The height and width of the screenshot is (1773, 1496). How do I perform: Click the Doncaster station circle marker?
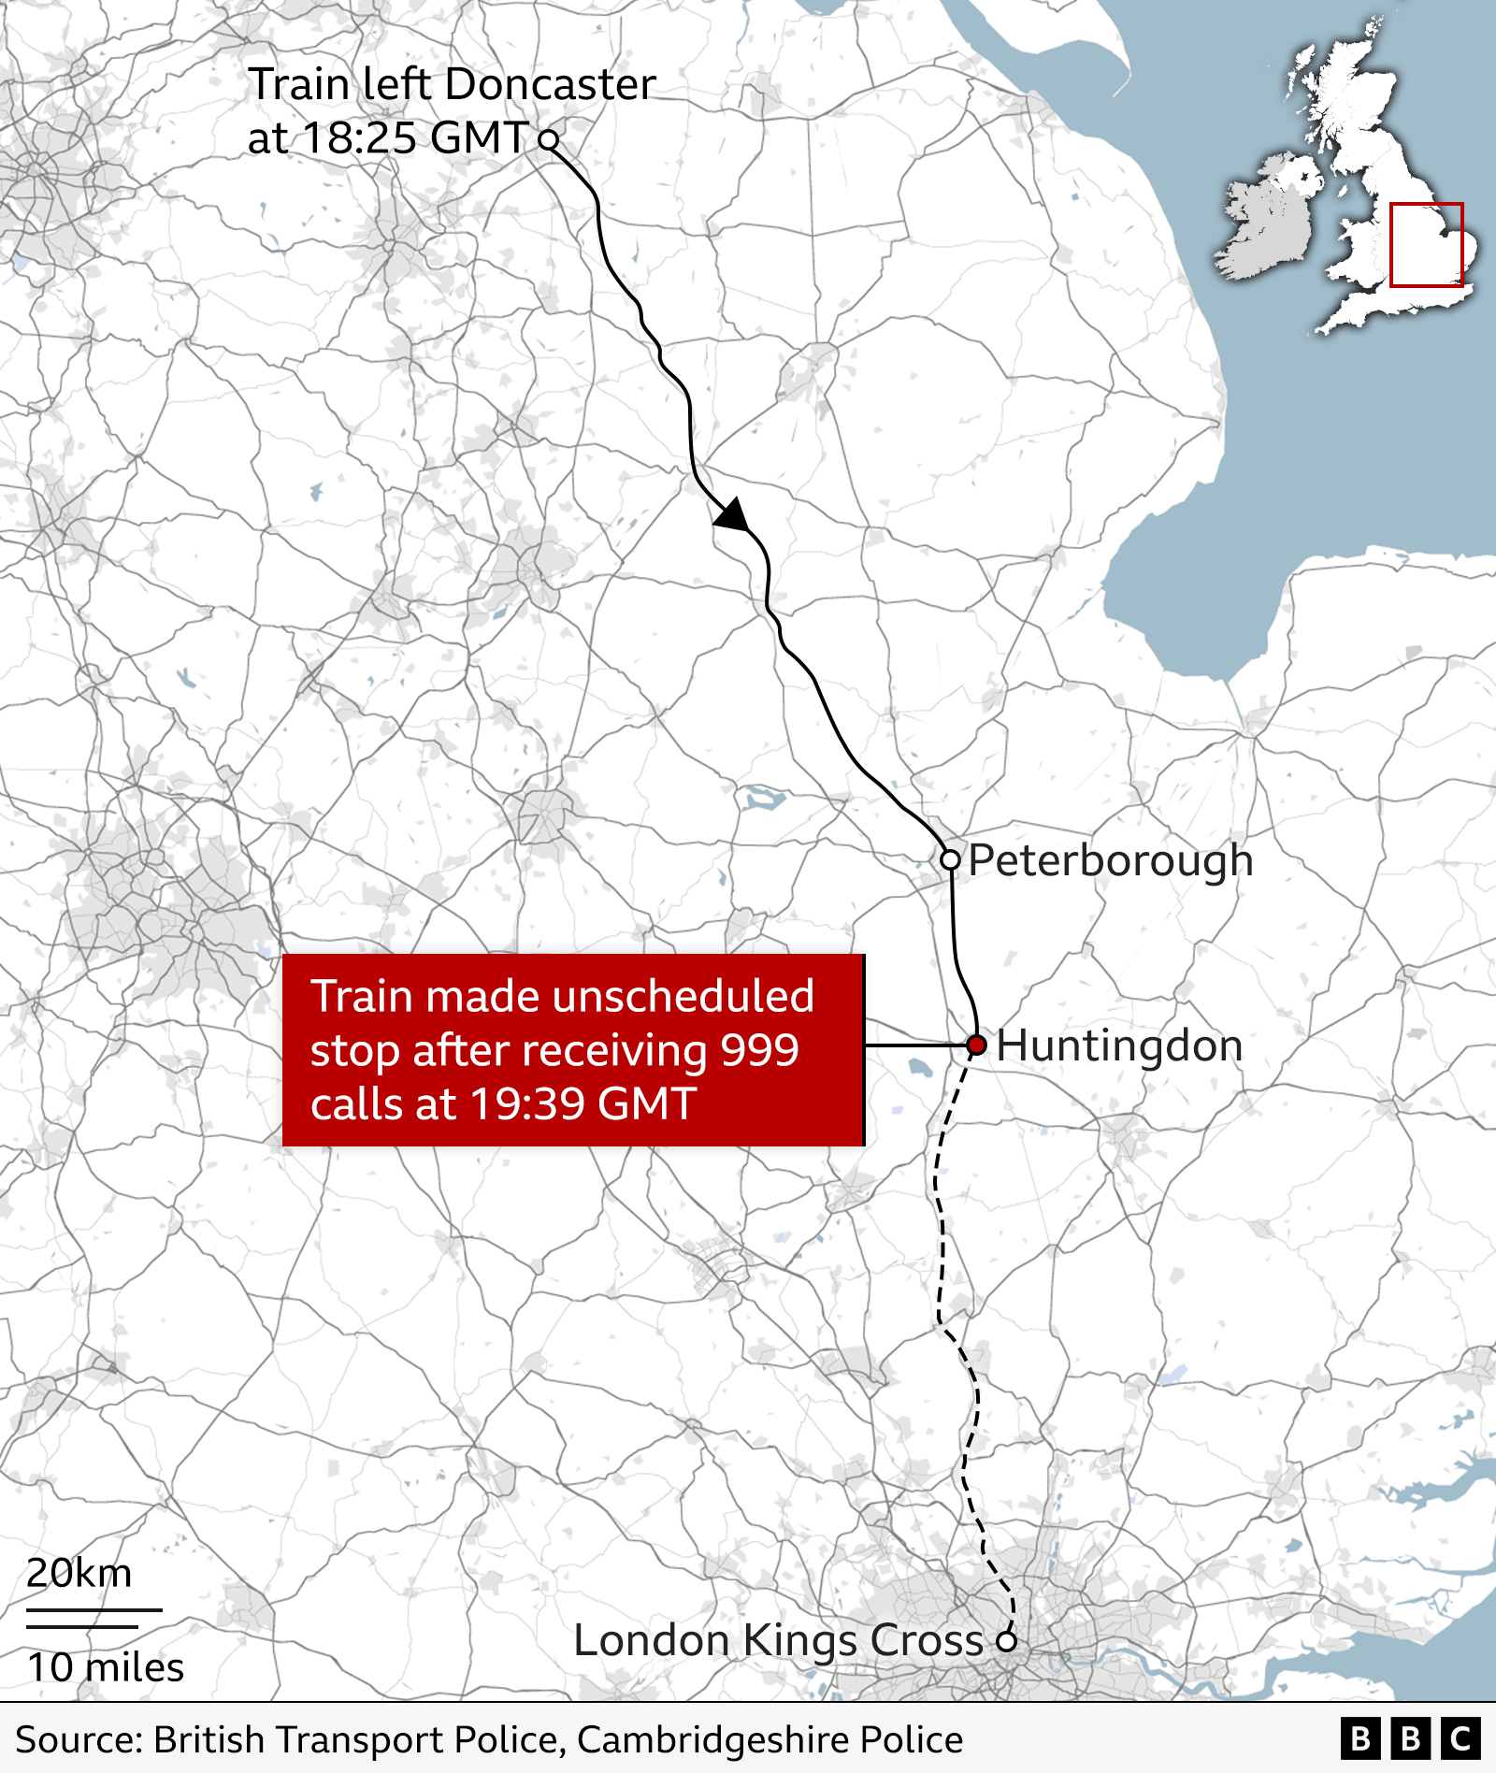point(549,140)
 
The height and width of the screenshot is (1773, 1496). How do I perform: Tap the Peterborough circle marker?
point(950,859)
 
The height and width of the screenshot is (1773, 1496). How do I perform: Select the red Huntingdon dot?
point(976,1045)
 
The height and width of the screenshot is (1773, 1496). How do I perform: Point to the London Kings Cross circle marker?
point(1006,1641)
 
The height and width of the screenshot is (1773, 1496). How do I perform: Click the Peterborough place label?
point(1110,860)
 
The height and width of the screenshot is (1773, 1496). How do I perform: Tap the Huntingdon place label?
point(1119,1045)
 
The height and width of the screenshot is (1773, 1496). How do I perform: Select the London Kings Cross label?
point(778,1640)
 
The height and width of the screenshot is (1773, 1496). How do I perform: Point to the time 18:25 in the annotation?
point(360,138)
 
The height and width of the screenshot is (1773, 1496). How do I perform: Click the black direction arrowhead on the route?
point(733,515)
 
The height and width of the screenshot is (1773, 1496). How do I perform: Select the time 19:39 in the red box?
point(526,1103)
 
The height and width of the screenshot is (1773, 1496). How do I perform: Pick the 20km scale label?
point(79,1574)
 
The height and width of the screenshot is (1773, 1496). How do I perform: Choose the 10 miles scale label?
point(106,1667)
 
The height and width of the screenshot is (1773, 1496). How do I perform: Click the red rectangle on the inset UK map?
point(1426,244)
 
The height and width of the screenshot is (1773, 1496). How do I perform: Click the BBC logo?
point(1411,1739)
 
